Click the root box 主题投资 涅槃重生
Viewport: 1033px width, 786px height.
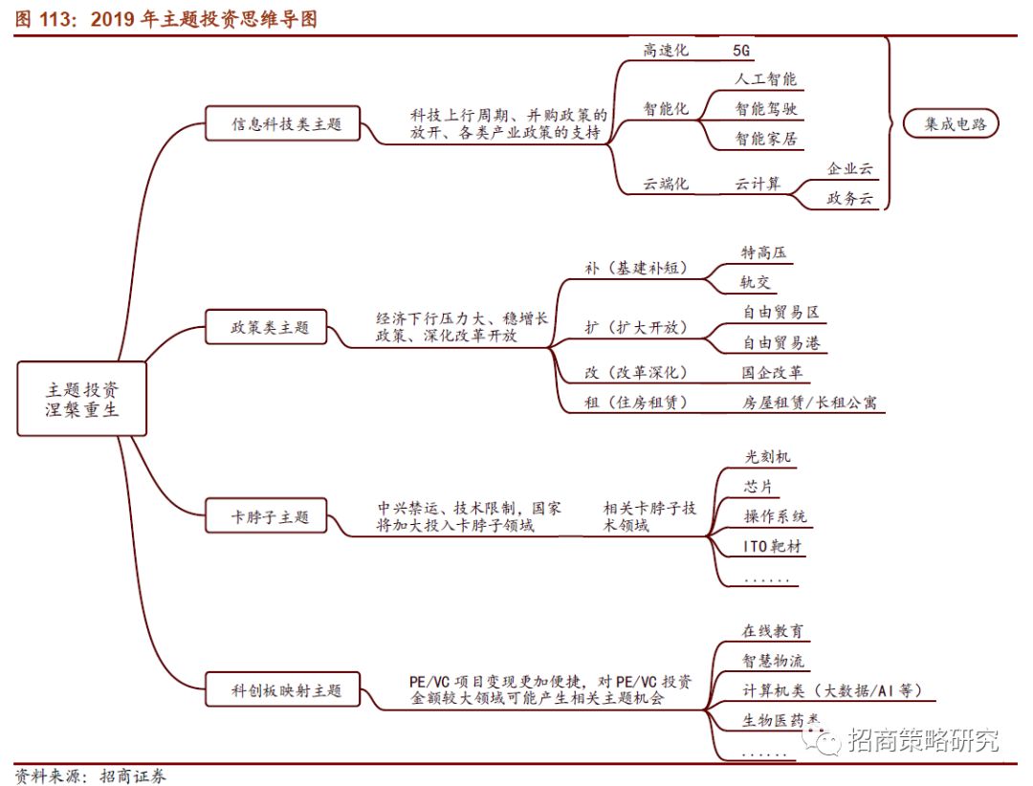pyautogui.click(x=82, y=401)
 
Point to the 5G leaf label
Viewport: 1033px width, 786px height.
pyautogui.click(x=742, y=49)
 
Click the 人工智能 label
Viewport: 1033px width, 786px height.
pyautogui.click(x=765, y=78)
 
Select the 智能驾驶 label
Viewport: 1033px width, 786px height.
pyautogui.click(x=765, y=108)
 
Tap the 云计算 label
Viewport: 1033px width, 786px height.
pyautogui.click(x=758, y=183)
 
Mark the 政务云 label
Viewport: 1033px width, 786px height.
pyautogui.click(x=849, y=199)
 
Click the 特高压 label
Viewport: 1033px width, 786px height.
pyautogui.click(x=764, y=252)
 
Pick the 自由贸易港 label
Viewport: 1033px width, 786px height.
pyautogui.click(x=780, y=342)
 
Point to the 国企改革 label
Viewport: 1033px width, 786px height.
pyautogui.click(x=772, y=372)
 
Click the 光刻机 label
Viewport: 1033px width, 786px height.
pyautogui.click(x=768, y=457)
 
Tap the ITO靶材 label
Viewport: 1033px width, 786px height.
pyautogui.click(x=773, y=547)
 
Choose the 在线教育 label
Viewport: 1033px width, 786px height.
pyautogui.click(x=773, y=631)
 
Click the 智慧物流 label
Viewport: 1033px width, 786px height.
pyautogui.click(x=773, y=661)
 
